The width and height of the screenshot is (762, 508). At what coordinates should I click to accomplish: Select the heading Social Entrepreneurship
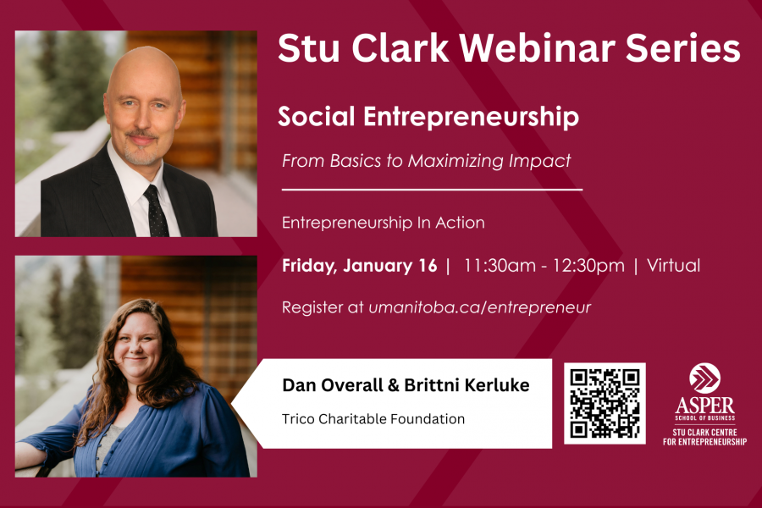(x=428, y=117)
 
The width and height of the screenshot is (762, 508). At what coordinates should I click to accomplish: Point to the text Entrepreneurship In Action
(x=383, y=223)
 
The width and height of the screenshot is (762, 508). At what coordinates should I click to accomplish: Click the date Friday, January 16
(x=359, y=266)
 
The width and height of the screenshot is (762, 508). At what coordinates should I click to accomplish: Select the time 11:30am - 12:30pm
(x=544, y=266)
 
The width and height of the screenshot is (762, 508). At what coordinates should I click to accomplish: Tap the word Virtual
(x=673, y=266)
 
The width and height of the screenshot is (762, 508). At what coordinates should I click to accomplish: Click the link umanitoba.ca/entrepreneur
(x=479, y=307)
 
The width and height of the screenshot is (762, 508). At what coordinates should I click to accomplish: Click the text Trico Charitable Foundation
(x=373, y=418)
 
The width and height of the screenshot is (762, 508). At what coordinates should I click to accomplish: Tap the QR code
(x=605, y=403)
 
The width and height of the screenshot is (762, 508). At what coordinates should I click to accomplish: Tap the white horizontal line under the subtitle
(x=432, y=190)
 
